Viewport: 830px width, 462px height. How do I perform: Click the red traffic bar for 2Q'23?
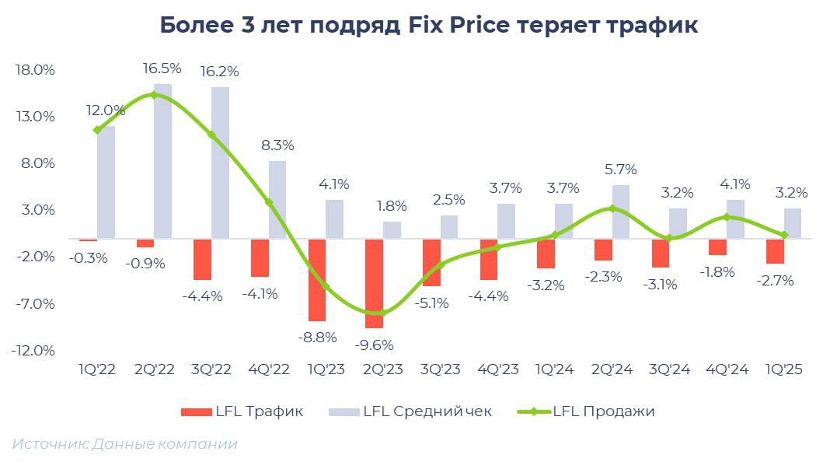[374, 283]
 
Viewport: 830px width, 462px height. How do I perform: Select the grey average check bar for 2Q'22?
[162, 161]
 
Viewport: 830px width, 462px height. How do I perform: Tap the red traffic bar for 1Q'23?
[316, 280]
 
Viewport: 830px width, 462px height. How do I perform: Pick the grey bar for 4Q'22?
[277, 200]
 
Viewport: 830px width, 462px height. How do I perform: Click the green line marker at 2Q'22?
[153, 95]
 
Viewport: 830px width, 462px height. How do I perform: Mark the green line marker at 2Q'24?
[612, 208]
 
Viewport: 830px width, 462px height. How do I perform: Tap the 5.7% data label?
[619, 169]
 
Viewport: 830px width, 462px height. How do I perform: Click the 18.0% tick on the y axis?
[35, 70]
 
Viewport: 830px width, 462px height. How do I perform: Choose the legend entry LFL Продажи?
[604, 411]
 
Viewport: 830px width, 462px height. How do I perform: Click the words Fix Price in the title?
[459, 25]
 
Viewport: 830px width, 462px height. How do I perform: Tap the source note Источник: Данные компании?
[124, 444]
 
